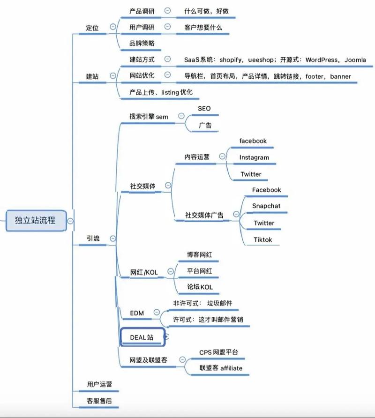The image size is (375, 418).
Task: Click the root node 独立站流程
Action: (x=35, y=220)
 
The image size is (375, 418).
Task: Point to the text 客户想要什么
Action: (x=203, y=27)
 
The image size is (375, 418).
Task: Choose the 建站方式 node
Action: (x=142, y=60)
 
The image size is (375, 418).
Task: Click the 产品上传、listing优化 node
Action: (x=161, y=92)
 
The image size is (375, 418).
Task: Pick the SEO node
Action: (x=204, y=109)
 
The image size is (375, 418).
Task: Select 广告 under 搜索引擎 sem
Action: (x=205, y=125)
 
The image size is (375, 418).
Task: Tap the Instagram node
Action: (x=254, y=157)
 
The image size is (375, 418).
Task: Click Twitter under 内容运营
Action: (x=251, y=174)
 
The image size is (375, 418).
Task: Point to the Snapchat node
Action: (x=266, y=206)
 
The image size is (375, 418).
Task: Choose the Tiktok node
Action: (x=263, y=239)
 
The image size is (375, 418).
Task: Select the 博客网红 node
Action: (x=196, y=254)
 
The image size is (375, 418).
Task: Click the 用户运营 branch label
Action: (x=99, y=384)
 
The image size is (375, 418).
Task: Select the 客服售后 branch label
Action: (x=99, y=401)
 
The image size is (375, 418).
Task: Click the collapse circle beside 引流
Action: (x=112, y=238)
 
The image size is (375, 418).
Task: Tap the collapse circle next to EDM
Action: (x=156, y=312)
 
